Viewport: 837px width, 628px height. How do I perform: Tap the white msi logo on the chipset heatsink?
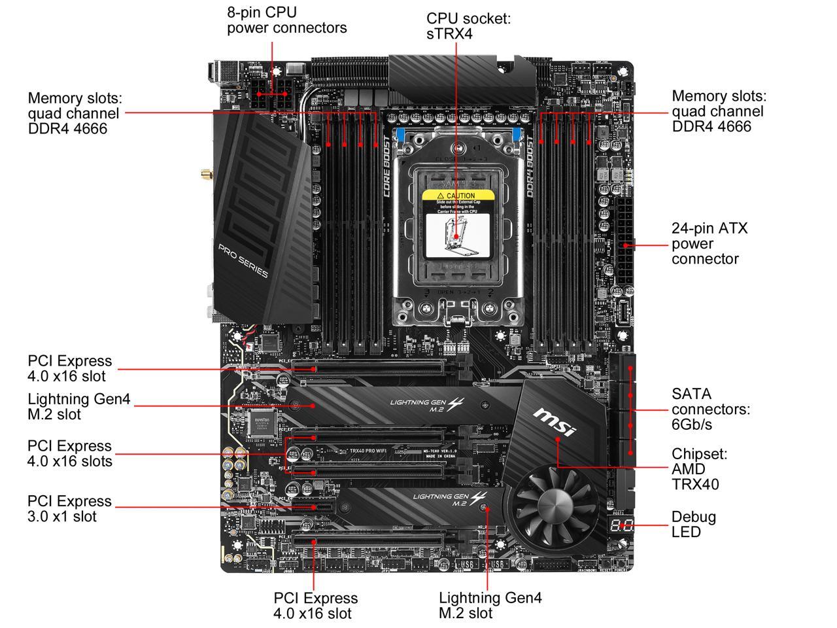555,422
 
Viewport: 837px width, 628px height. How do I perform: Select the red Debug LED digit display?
619,525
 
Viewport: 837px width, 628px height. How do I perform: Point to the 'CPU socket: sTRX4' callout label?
468,26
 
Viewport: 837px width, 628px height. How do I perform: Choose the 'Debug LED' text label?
693,524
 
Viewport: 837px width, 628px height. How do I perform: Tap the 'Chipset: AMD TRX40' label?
698,469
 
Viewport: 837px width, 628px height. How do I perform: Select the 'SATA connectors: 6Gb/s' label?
710,409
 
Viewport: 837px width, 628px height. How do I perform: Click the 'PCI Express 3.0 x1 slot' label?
69,508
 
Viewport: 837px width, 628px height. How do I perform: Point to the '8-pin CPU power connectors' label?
286,20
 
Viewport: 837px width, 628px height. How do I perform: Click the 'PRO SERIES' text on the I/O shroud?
243,261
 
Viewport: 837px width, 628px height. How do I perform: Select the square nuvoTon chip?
262,424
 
